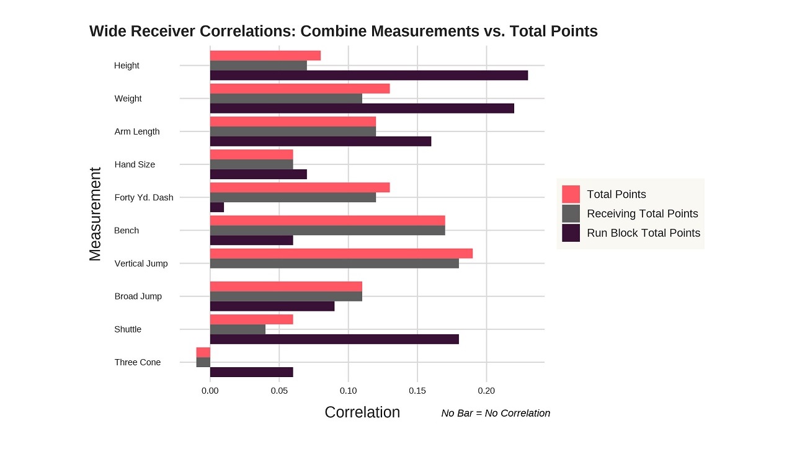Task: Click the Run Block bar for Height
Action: pos(369,75)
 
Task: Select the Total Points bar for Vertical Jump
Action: pos(341,253)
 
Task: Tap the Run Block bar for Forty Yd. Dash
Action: pos(217,207)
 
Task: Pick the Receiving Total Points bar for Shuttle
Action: pos(238,329)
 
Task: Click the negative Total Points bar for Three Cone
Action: pos(203,352)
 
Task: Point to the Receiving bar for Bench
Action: pos(327,230)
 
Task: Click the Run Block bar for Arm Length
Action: pos(321,141)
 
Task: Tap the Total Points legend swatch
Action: pos(571,194)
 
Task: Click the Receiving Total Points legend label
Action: pos(642,214)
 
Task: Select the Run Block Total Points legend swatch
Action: pos(571,233)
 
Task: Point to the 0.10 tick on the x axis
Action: pos(349,391)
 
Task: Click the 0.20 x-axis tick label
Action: pos(487,391)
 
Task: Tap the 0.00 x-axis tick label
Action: pos(210,391)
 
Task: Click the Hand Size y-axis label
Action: pos(135,164)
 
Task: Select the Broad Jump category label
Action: pos(138,296)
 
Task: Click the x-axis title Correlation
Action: pos(362,412)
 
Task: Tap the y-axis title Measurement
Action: pos(95,214)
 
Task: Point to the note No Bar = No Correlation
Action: pos(496,413)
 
